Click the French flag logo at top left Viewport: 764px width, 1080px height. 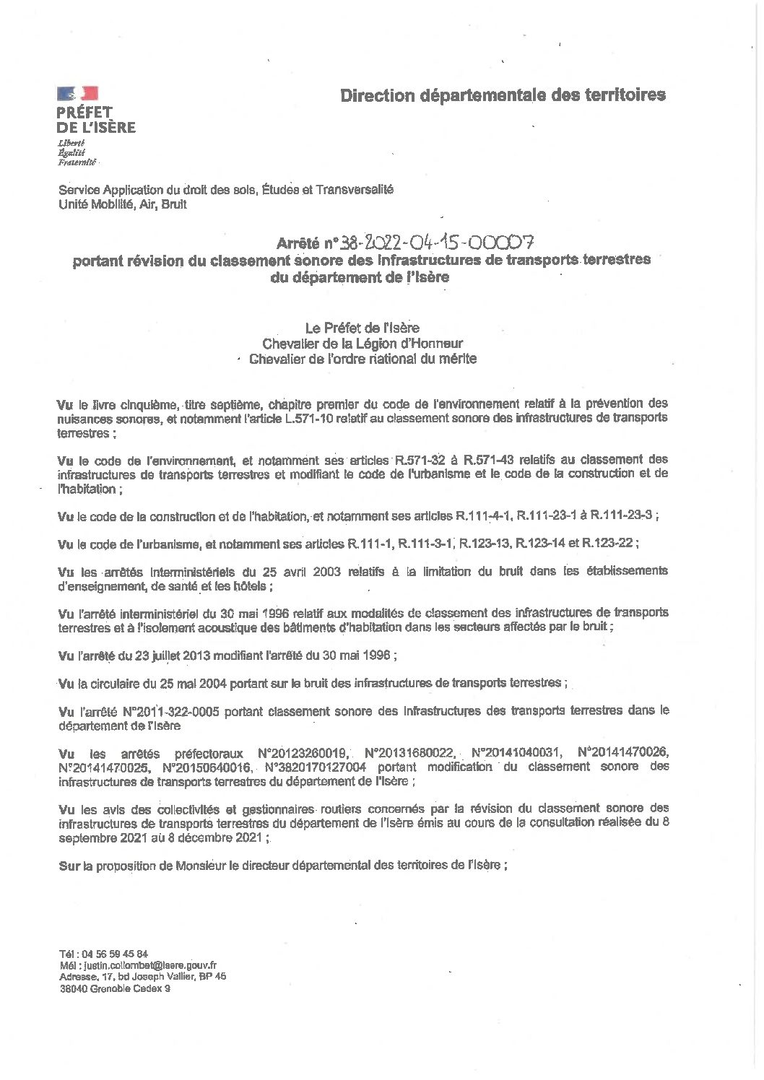[x=77, y=92]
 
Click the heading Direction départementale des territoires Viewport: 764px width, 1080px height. [x=503, y=95]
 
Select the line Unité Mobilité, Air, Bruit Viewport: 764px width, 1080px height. [x=123, y=205]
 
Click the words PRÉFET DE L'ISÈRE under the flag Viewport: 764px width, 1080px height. [x=96, y=119]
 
